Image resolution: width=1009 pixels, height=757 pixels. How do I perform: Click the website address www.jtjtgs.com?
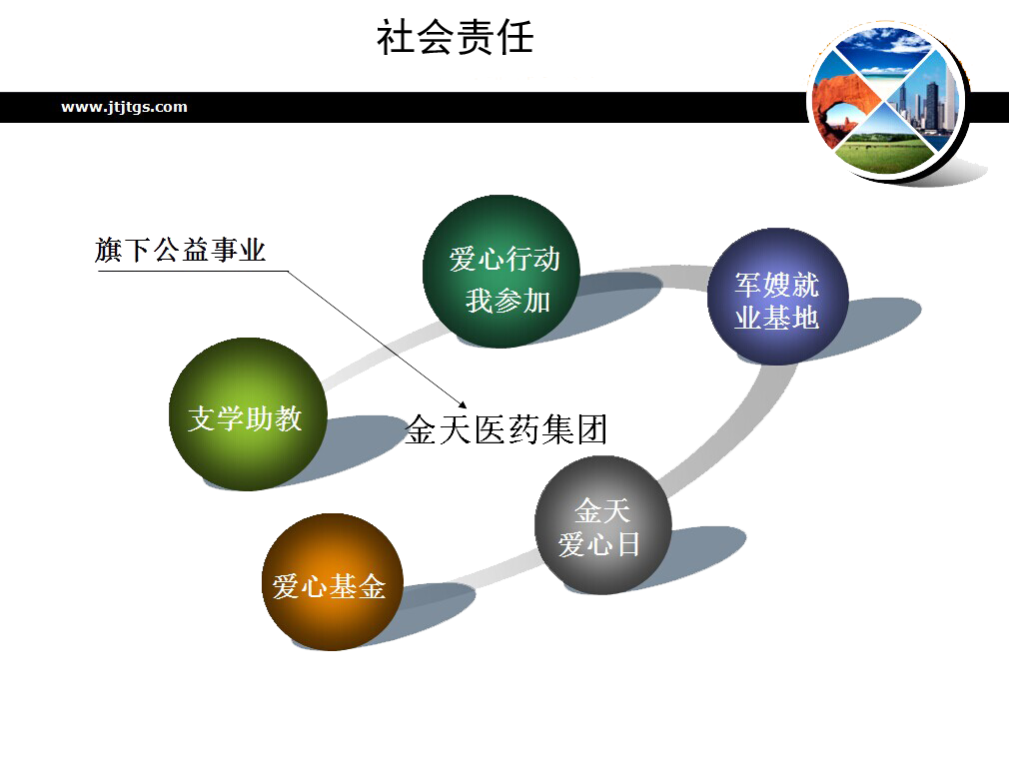tap(124, 107)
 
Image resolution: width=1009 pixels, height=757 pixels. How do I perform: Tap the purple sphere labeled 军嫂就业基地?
tap(777, 296)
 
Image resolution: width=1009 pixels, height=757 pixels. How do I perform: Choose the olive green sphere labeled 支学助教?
tap(247, 413)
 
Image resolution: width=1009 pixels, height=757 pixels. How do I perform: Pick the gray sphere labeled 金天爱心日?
tap(602, 524)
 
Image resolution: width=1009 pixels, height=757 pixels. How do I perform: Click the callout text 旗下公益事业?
tap(181, 251)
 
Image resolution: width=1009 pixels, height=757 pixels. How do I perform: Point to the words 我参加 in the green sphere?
tap(507, 300)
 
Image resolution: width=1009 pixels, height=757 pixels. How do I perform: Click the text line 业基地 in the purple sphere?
tap(776, 318)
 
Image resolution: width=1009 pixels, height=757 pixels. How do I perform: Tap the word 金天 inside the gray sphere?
tap(602, 511)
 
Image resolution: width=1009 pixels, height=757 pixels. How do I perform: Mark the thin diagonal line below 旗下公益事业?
tap(370, 330)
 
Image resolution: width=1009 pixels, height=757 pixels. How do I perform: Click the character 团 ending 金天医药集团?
tap(590, 428)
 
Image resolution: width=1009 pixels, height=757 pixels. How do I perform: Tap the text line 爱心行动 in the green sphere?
tap(504, 260)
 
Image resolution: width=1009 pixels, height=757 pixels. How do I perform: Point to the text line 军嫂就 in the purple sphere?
tap(777, 285)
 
